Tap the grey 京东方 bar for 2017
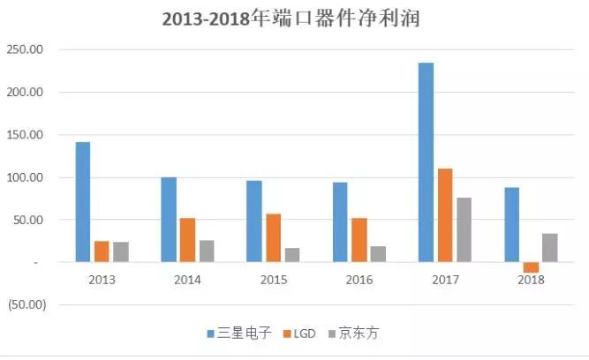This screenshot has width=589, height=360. tap(464, 229)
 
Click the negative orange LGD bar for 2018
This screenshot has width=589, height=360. tap(531, 267)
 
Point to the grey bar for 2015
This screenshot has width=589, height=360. tap(292, 255)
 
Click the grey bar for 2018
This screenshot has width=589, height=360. tap(549, 248)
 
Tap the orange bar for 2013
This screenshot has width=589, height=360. tap(102, 251)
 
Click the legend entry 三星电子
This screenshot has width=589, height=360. tap(238, 334)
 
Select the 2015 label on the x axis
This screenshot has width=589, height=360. tap(273, 280)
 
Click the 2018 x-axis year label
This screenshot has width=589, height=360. tap(530, 280)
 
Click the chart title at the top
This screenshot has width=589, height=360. tap(295, 19)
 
